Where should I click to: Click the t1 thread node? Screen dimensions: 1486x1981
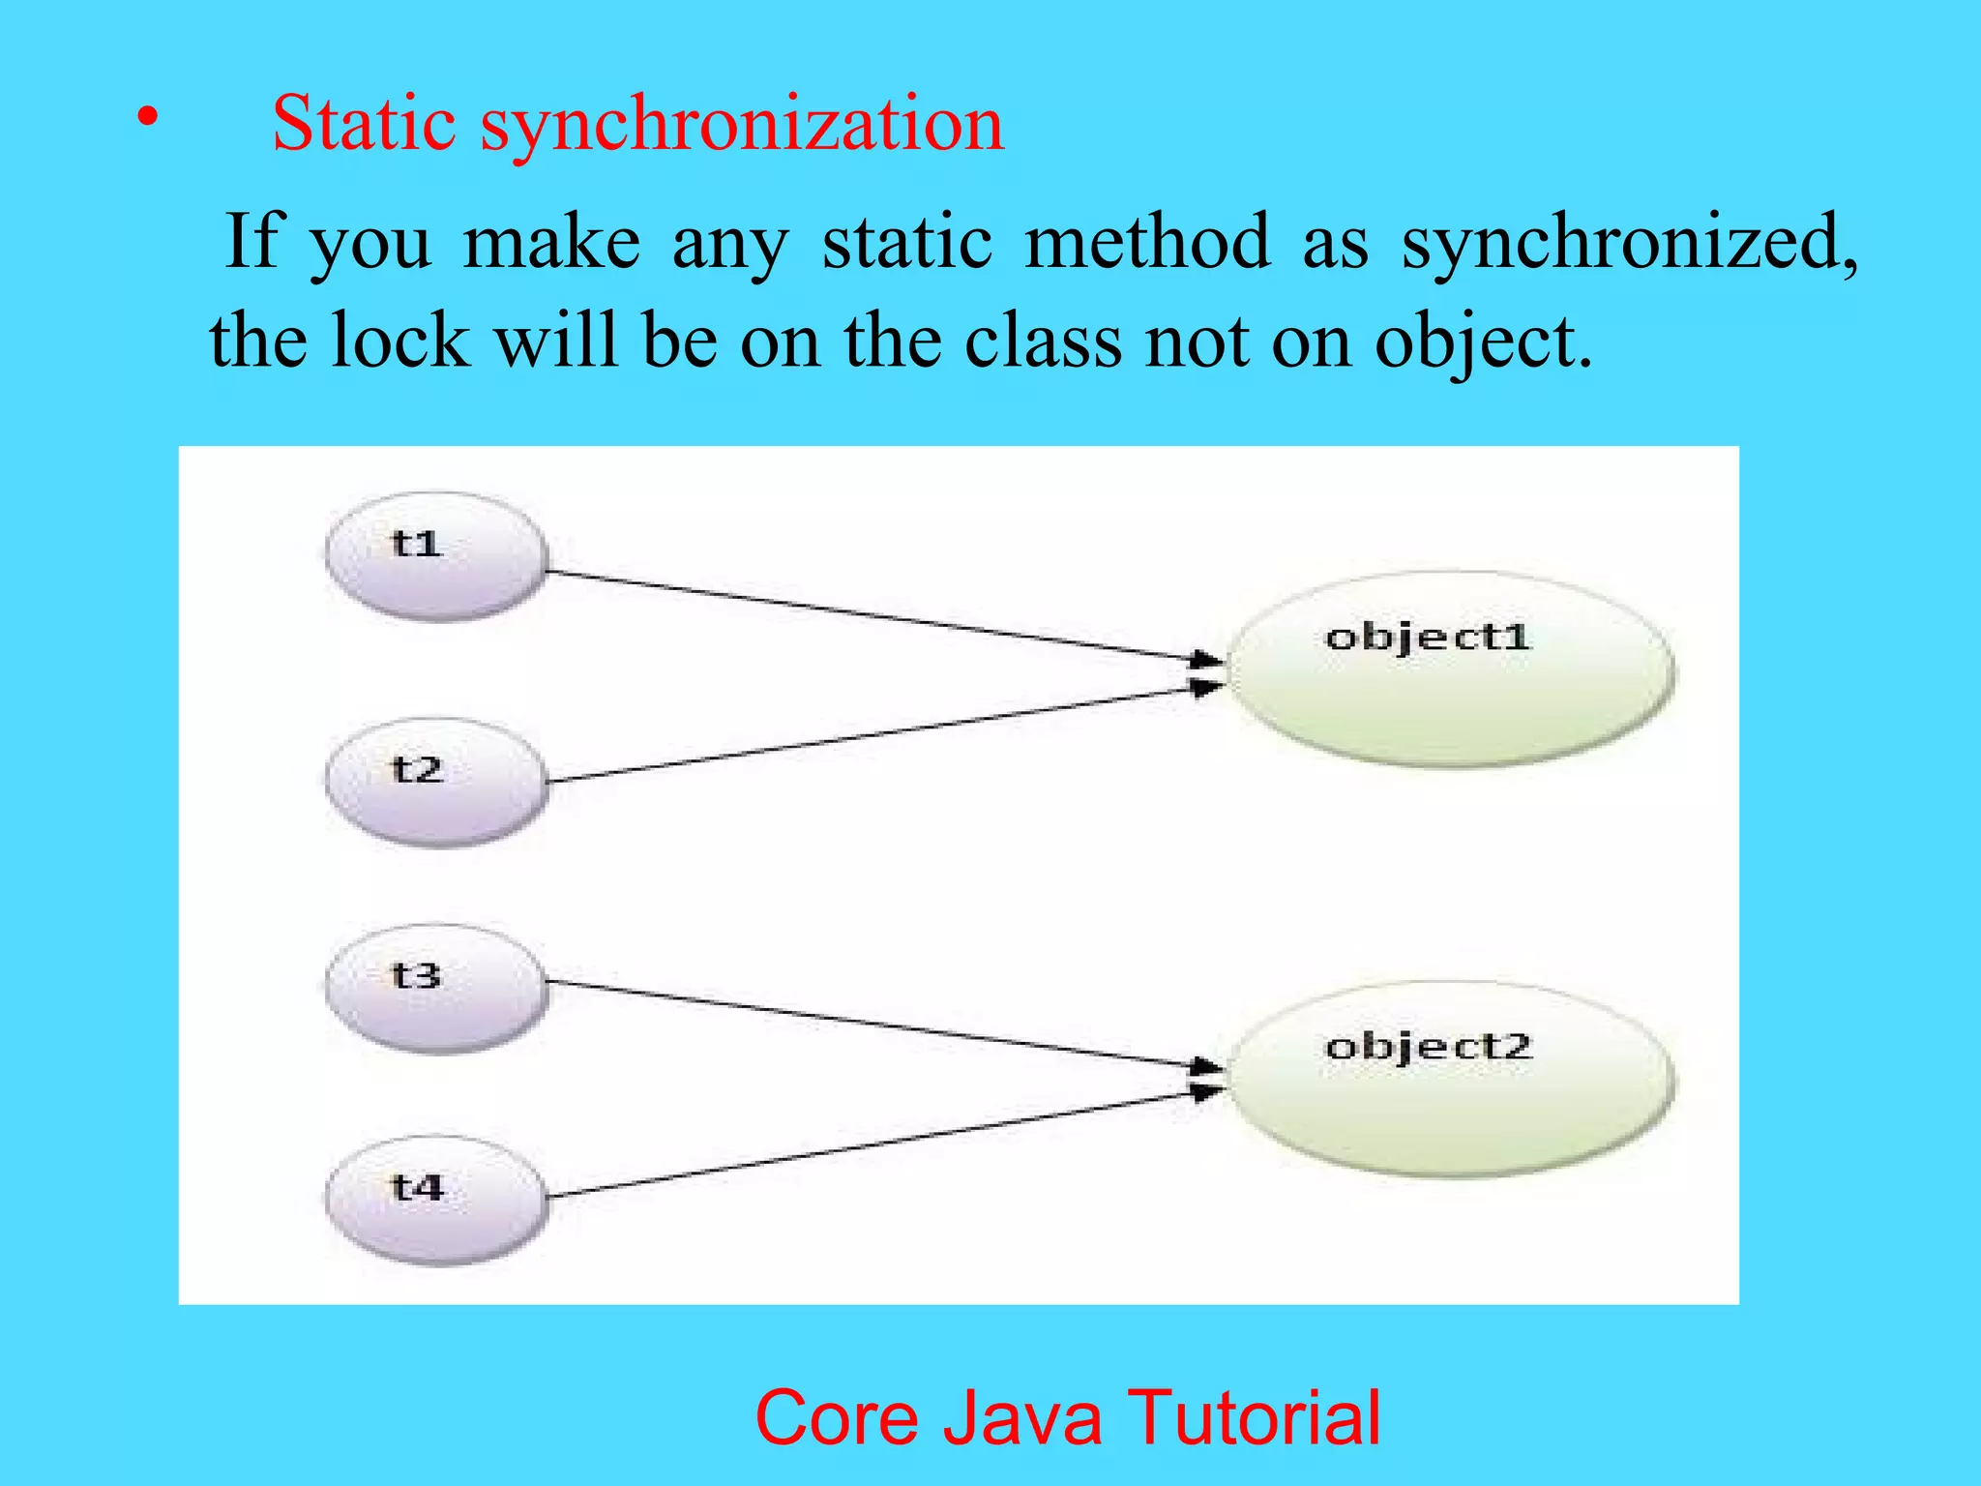pyautogui.click(x=436, y=556)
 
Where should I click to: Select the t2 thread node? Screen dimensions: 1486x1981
pyautogui.click(x=436, y=782)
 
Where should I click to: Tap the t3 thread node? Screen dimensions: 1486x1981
pyautogui.click(x=436, y=988)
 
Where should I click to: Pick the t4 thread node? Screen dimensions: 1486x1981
pyautogui.click(x=436, y=1200)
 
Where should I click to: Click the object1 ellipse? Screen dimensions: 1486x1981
pyautogui.click(x=1451, y=669)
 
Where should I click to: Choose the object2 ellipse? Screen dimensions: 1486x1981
pyautogui.click(x=1451, y=1080)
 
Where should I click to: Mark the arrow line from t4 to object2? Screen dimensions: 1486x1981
pyautogui.click(x=871, y=1145)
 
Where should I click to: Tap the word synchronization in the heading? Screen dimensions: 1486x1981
pyautogui.click(x=743, y=126)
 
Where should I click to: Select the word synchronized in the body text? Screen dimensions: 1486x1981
pyautogui.click(x=1629, y=242)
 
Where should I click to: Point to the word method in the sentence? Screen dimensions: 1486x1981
pyautogui.click(x=1147, y=241)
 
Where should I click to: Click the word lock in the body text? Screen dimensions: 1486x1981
pyautogui.click(x=400, y=341)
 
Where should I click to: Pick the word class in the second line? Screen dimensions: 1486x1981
pyautogui.click(x=1044, y=341)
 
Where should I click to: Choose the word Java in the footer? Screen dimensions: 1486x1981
pyautogui.click(x=1022, y=1417)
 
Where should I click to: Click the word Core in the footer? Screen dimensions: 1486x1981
pyautogui.click(x=838, y=1417)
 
